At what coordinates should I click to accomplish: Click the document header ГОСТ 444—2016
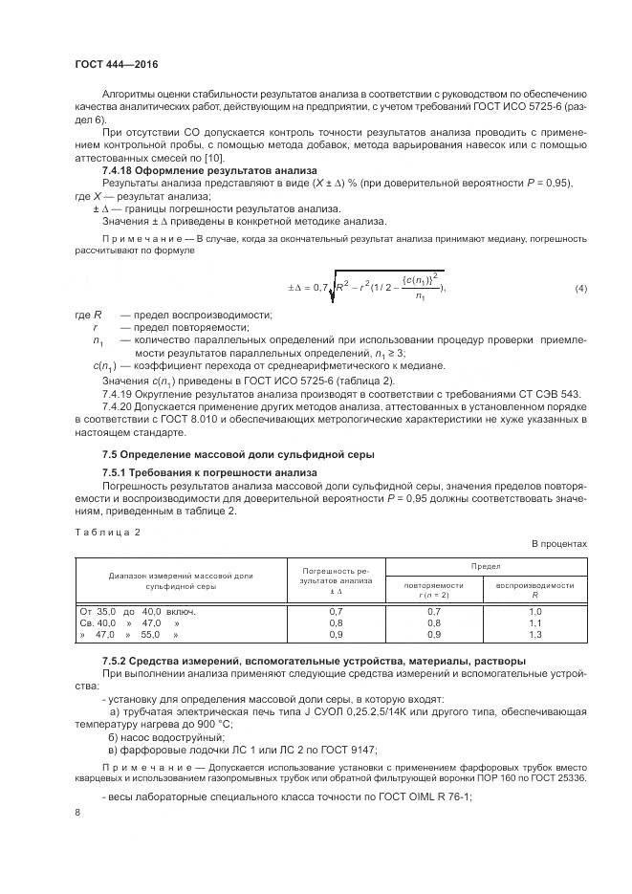[116, 64]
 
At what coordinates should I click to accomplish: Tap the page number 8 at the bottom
[77, 812]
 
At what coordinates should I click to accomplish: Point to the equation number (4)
[580, 289]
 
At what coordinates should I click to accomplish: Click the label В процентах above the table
[559, 544]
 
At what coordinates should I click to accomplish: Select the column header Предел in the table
[485, 566]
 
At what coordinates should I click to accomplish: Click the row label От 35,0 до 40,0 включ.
[139, 610]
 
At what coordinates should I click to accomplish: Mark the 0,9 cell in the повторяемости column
[433, 634]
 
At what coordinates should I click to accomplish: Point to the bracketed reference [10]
[213, 157]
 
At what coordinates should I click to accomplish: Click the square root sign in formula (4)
[332, 286]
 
